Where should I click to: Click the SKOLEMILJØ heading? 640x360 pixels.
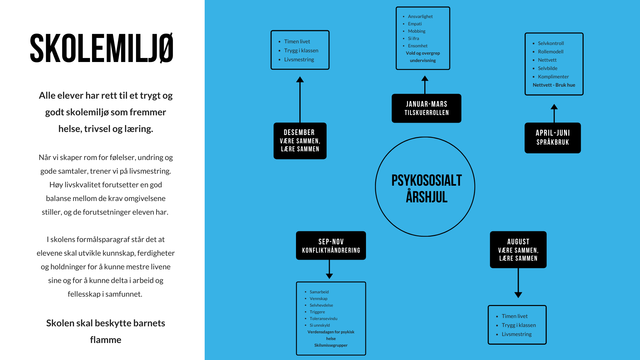pos(102,48)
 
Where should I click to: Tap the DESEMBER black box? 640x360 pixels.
pos(300,141)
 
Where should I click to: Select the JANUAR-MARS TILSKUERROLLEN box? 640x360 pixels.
pos(426,108)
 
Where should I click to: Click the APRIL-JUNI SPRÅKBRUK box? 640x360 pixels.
pos(552,138)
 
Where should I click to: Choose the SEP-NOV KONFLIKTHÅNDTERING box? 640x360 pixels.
pos(331,246)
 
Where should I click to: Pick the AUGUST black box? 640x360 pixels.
pos(518,250)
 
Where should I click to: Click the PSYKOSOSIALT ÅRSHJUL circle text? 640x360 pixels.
pos(426,188)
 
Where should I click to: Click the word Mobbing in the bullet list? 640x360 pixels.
pos(417,31)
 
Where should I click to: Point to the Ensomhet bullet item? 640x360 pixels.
pos(418,46)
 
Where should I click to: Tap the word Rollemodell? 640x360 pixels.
pos(551,52)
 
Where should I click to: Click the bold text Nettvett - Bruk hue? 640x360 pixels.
pos(554,85)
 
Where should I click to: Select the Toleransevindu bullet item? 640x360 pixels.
pos(323,319)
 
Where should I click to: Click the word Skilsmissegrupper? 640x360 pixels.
pos(331,345)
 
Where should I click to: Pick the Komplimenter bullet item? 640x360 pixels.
pos(553,77)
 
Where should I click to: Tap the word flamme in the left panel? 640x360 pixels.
pos(106,340)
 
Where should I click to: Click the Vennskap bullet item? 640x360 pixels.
pos(318,299)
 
